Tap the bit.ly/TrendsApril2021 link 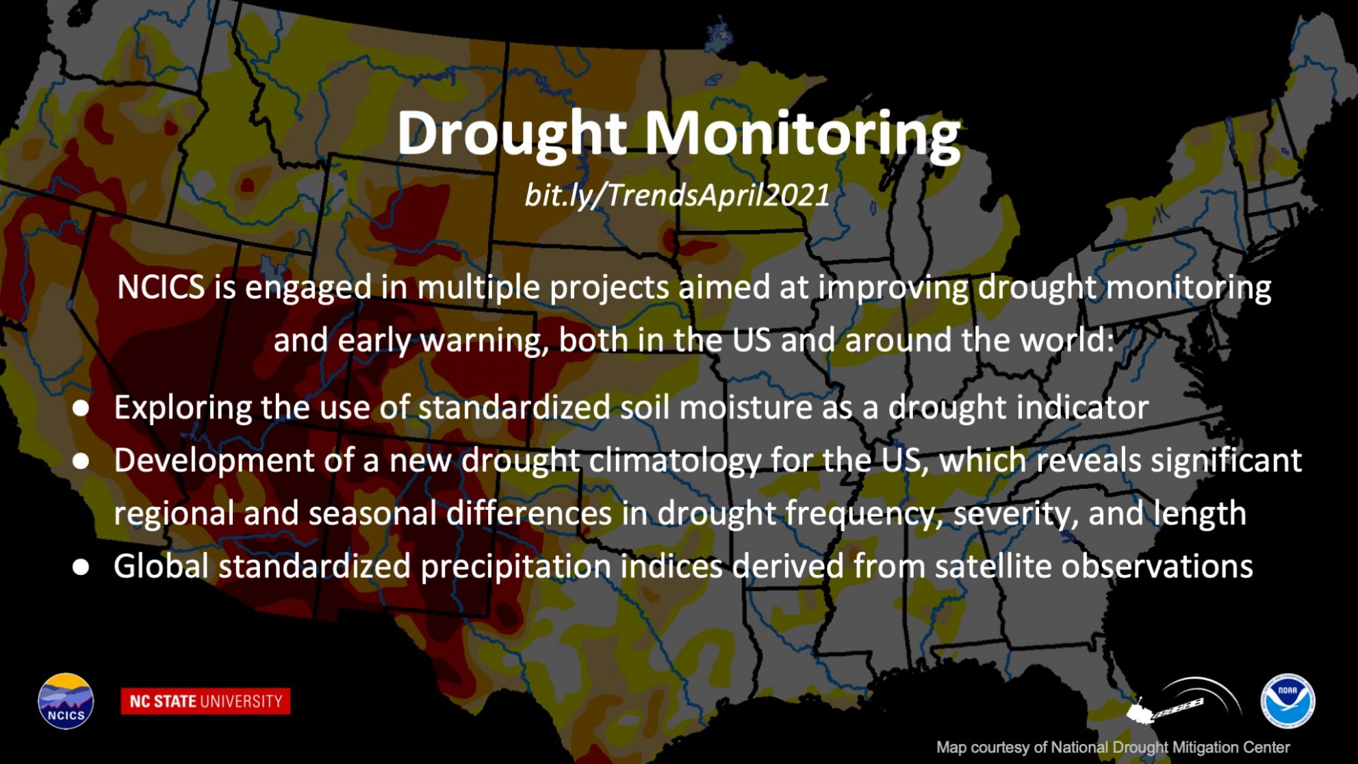coord(677,195)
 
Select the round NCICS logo coord(66,701)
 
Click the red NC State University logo coord(205,701)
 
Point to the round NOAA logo coord(1287,701)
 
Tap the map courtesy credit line coord(1113,748)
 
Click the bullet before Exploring coord(81,408)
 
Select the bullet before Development coord(81,461)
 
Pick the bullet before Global coord(81,567)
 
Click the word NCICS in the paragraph coord(161,287)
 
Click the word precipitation coord(515,568)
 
